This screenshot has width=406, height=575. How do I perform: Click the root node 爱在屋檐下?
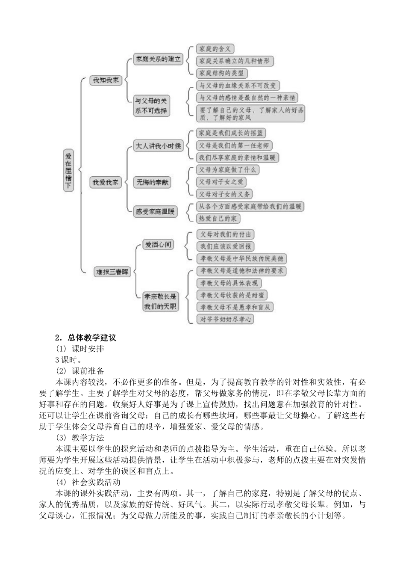coord(68,170)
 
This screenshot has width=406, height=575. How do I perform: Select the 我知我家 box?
coord(106,80)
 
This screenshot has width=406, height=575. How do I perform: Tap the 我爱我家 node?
coord(106,182)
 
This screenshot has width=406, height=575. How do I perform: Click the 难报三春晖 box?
coord(112,271)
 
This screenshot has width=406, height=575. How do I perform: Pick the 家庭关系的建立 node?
coord(158,59)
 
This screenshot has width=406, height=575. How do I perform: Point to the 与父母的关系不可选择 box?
coord(150,106)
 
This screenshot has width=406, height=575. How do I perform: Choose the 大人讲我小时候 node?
coord(158,146)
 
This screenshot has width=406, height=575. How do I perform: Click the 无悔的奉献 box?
coord(152,182)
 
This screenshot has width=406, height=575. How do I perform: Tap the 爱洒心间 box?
coord(159,245)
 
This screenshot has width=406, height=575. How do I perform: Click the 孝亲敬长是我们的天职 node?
coord(160,301)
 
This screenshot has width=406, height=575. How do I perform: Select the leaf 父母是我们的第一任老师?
coord(234,145)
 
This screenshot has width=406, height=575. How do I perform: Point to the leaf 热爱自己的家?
coord(218,219)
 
